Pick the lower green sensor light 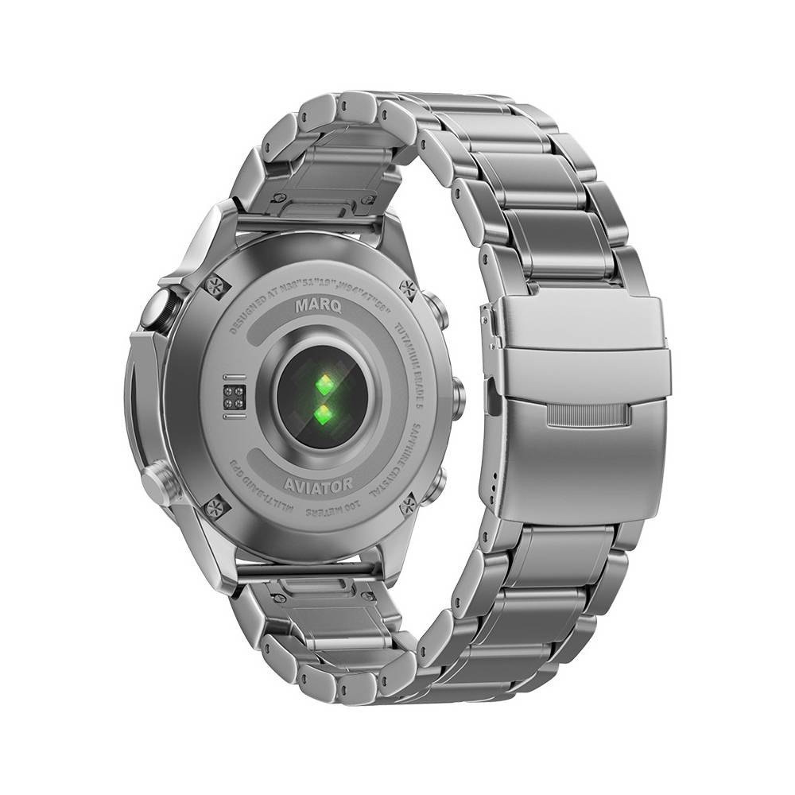[x=323, y=414]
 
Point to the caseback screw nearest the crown [x=215, y=285]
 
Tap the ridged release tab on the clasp [x=588, y=415]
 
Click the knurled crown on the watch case [x=157, y=308]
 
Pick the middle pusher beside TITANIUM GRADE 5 [x=457, y=397]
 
